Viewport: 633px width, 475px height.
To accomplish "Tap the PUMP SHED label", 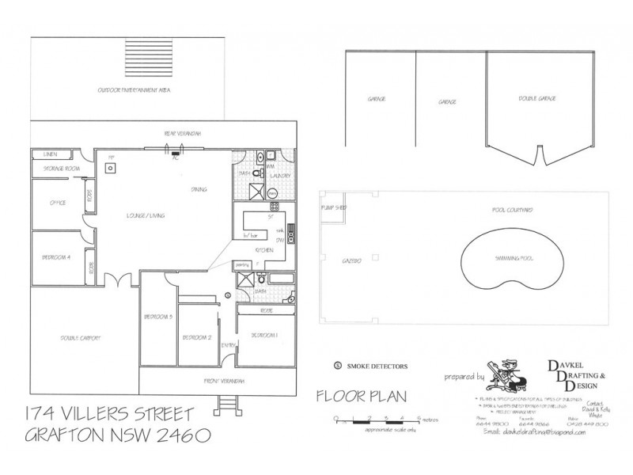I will pyautogui.click(x=332, y=207).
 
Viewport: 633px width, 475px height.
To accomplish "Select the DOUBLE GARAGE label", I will pyautogui.click(x=536, y=99).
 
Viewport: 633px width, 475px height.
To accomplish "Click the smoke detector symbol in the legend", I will pyautogui.click(x=338, y=366).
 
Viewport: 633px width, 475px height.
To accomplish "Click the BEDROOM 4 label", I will pyautogui.click(x=57, y=258).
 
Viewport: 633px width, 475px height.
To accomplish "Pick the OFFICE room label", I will pyautogui.click(x=57, y=203).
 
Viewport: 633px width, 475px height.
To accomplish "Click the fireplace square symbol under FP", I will pyautogui.click(x=112, y=168).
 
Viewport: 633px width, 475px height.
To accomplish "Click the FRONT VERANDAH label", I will pyautogui.click(x=225, y=382).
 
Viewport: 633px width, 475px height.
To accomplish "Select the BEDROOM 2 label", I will pyautogui.click(x=197, y=336).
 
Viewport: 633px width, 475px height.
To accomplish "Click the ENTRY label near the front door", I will pyautogui.click(x=227, y=346).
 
